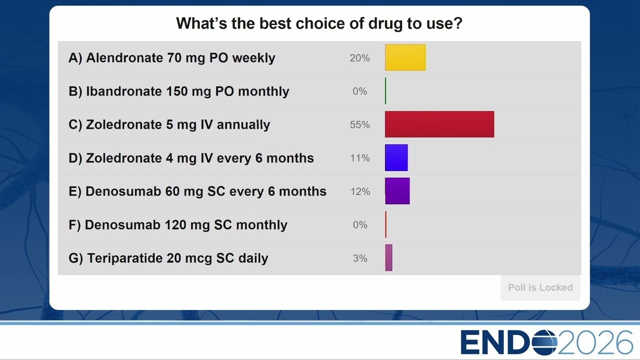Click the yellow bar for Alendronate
tap(405, 57)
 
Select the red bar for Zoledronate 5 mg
tap(439, 124)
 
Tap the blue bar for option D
tap(396, 157)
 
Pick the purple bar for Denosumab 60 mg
tap(397, 191)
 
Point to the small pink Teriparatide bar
tap(388, 257)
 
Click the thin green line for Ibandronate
tap(385, 91)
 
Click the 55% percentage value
tap(359, 125)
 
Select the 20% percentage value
tap(359, 58)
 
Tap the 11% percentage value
tap(360, 158)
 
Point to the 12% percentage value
tap(360, 191)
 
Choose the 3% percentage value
tap(360, 258)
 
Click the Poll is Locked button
tap(540, 287)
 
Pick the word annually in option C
tap(243, 125)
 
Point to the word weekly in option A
tap(253, 58)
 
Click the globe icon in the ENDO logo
tap(544, 342)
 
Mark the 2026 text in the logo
tap(595, 342)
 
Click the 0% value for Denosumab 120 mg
tap(360, 225)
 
